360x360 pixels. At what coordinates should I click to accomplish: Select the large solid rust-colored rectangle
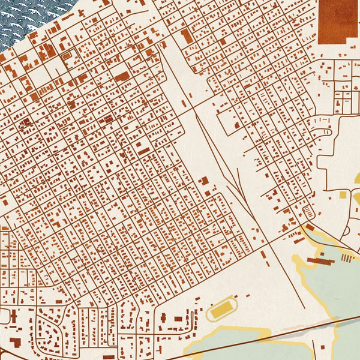pos(338,21)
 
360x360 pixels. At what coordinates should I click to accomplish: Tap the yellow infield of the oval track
pos(222,309)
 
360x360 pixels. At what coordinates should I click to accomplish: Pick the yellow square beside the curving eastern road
pos(343,194)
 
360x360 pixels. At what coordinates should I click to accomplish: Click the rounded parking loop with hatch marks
pos(309,212)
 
